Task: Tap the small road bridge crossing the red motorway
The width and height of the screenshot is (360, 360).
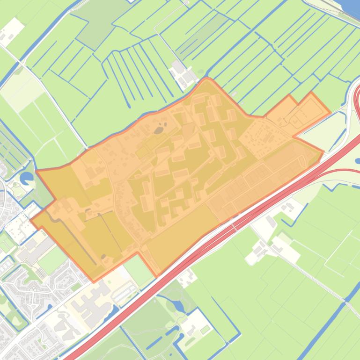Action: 244,220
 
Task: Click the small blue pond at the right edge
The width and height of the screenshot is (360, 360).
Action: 358,161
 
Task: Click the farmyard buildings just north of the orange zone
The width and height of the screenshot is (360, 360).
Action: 183,72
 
